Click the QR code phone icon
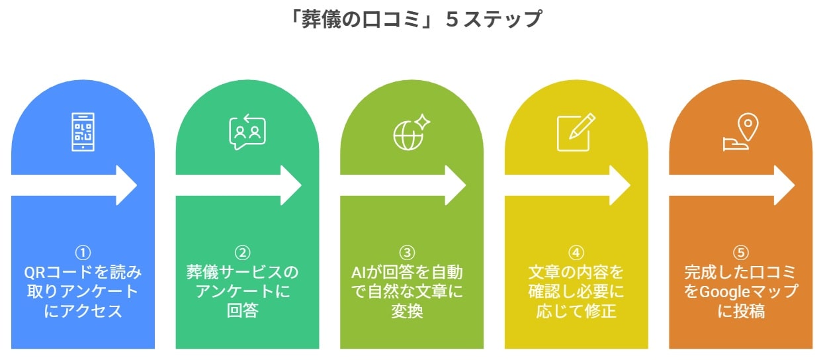click(x=83, y=132)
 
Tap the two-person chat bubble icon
click(x=247, y=132)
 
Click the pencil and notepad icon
click(x=576, y=132)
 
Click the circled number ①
click(x=83, y=253)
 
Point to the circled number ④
click(x=576, y=253)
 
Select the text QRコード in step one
click(x=57, y=273)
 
